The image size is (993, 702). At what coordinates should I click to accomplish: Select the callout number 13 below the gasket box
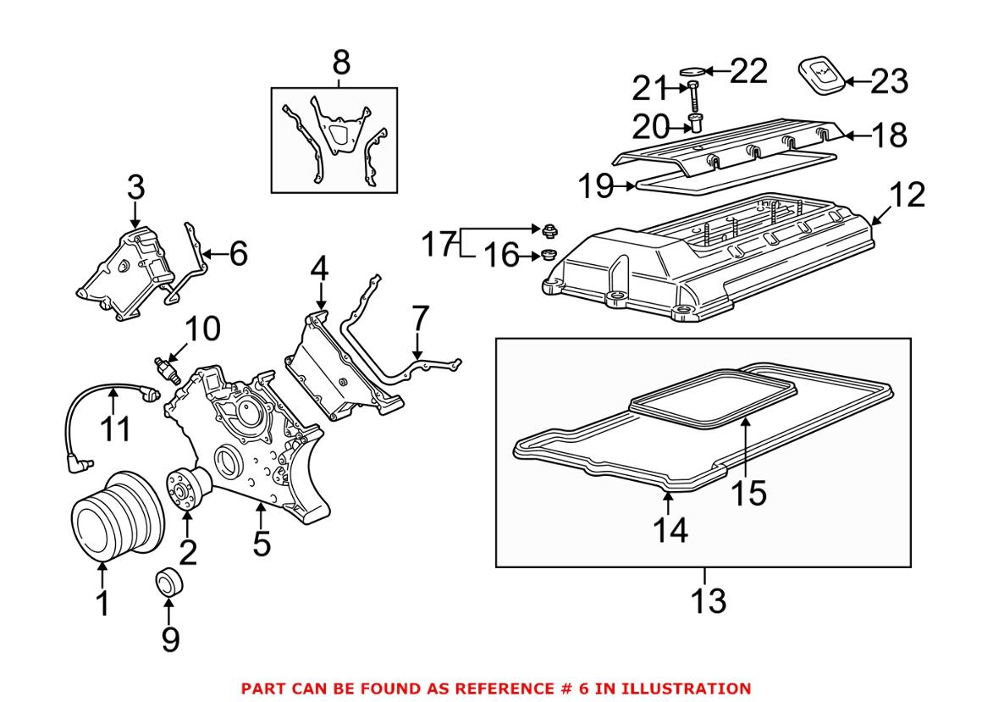[x=707, y=600]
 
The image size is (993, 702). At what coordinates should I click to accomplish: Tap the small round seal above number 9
[x=168, y=583]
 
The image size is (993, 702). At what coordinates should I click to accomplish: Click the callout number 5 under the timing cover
[x=262, y=543]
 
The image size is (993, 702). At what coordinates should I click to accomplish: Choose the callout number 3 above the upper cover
[x=135, y=189]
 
